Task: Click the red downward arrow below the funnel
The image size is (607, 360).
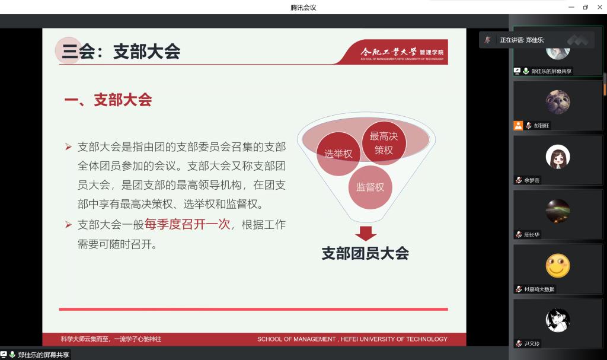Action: coord(365,233)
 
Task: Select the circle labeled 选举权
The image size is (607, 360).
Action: coord(338,154)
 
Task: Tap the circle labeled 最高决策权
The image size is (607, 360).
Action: coord(384,142)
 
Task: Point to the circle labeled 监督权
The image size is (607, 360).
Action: coord(370,187)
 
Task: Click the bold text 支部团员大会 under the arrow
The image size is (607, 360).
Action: coord(365,253)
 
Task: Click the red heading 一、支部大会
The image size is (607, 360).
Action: coord(108,100)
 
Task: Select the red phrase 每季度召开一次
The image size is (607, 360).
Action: coord(187,224)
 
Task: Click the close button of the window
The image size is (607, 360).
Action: coord(600,7)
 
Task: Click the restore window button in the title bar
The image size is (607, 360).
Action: coord(585,7)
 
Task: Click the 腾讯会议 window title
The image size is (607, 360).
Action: coord(303,7)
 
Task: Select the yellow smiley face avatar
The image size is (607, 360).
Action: coord(558,266)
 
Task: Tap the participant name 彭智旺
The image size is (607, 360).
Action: coord(541,126)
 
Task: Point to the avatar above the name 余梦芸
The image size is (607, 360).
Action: coord(558,157)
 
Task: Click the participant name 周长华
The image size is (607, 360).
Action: coord(532,234)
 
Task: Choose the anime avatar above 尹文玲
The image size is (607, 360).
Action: coord(558,320)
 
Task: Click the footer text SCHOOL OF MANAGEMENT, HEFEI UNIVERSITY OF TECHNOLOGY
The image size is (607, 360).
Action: coord(352,339)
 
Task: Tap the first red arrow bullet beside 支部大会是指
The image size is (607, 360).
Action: coord(69,147)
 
